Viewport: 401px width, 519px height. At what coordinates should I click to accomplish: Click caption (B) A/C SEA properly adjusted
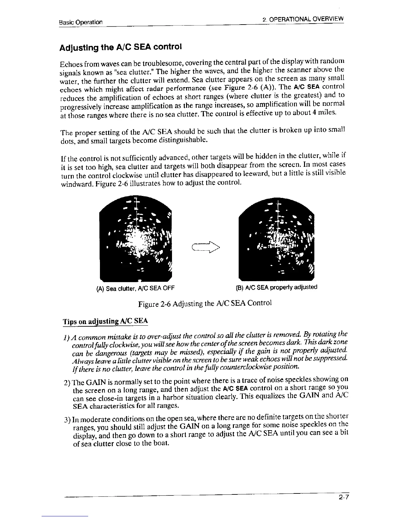coord(277,287)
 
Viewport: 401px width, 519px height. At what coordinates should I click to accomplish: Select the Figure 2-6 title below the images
coord(205,303)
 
